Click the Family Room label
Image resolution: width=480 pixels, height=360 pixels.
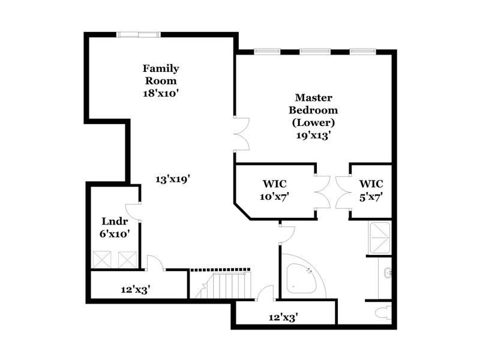click(160, 74)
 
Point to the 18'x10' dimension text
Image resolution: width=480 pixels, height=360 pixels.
click(160, 94)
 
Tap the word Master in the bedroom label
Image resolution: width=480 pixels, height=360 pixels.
click(313, 97)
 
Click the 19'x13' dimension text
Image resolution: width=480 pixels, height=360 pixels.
click(313, 136)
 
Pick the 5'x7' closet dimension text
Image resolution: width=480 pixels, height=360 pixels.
click(371, 196)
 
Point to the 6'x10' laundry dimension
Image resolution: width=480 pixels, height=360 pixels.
click(114, 235)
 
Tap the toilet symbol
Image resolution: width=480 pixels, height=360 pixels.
click(382, 312)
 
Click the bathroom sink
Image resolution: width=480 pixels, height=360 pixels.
click(387, 274)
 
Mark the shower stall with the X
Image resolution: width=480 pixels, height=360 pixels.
click(379, 238)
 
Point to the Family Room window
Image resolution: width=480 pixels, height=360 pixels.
click(139, 34)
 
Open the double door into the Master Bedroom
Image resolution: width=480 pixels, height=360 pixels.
click(241, 134)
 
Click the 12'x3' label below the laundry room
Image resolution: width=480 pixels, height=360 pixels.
click(135, 289)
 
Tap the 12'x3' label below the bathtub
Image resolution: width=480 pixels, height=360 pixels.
click(283, 317)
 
